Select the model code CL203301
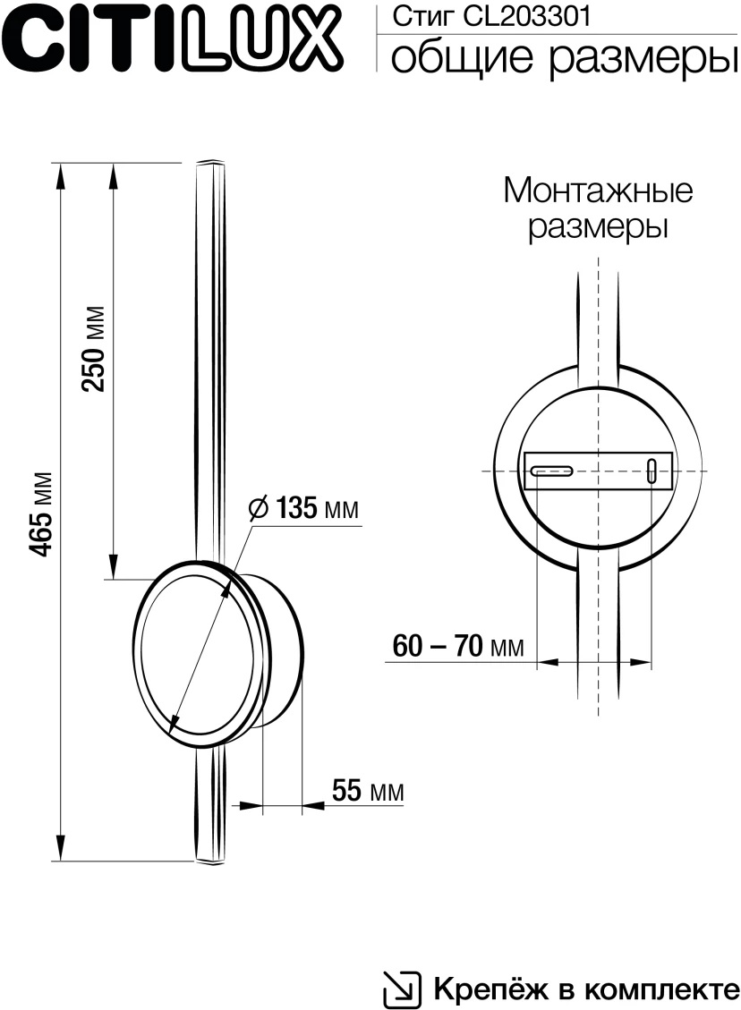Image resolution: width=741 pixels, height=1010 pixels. click(484, 16)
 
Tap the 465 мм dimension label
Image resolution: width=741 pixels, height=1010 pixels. click(41, 513)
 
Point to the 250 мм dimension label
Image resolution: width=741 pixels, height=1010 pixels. click(94, 349)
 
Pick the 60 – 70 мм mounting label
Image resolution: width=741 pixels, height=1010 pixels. click(457, 645)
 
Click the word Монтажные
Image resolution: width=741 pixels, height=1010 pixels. click(598, 190)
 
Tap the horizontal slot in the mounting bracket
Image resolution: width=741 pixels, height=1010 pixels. click(550, 470)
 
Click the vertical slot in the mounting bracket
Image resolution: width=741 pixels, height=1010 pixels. click(652, 471)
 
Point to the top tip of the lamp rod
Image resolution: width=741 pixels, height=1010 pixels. click(210, 164)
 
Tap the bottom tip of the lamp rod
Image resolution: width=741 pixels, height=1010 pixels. click(210, 860)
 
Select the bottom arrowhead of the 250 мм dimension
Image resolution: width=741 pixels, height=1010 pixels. click(114, 566)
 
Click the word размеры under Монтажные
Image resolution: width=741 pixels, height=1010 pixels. click(598, 226)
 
